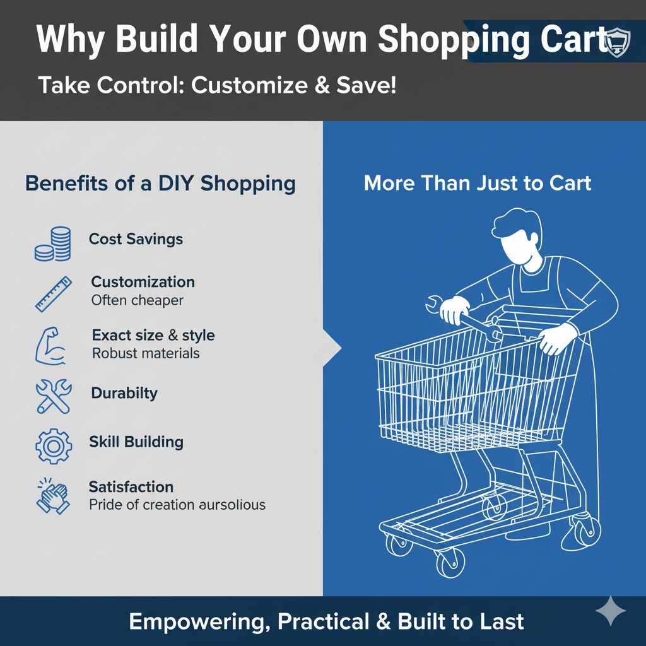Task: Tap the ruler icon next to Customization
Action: coord(53,292)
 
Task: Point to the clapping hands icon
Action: coord(53,495)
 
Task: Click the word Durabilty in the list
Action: coord(124,393)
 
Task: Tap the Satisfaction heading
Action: coord(131,487)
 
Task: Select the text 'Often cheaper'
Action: coord(137,300)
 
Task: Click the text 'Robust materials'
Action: coord(146,353)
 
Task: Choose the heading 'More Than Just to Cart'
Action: coord(478,184)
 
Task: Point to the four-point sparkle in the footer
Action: coord(610,611)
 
